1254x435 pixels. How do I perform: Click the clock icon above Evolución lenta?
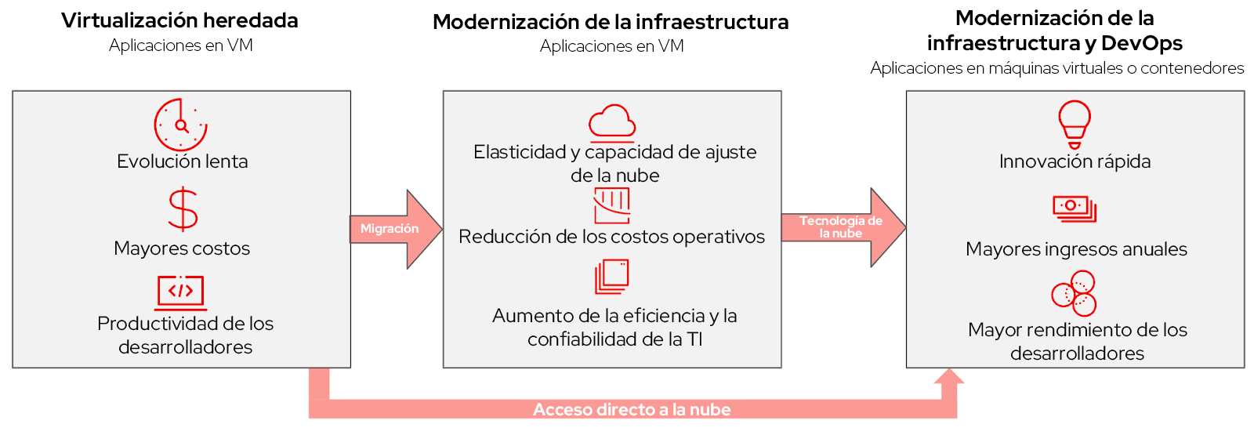click(180, 125)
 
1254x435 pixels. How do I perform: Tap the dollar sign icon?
click(183, 210)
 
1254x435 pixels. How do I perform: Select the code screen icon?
click(181, 293)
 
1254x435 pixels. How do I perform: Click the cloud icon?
click(612, 121)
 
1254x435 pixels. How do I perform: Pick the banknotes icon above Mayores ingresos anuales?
click(1075, 208)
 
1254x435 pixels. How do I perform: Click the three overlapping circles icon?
click(1074, 293)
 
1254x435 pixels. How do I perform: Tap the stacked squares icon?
click(612, 277)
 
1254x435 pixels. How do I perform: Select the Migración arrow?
click(396, 229)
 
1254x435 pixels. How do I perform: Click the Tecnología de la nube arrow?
click(843, 227)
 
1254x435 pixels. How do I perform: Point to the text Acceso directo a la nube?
click(632, 409)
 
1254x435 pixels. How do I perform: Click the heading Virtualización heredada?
click(179, 20)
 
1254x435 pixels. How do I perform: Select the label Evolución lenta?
click(183, 161)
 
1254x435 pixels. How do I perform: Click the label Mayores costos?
click(182, 248)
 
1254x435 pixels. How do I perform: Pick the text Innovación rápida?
click(1075, 161)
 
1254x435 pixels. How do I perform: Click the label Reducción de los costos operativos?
click(612, 237)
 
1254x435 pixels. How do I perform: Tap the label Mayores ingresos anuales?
click(1076, 249)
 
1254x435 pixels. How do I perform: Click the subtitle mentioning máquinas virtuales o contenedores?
click(1057, 68)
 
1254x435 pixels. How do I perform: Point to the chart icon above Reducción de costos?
click(612, 205)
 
